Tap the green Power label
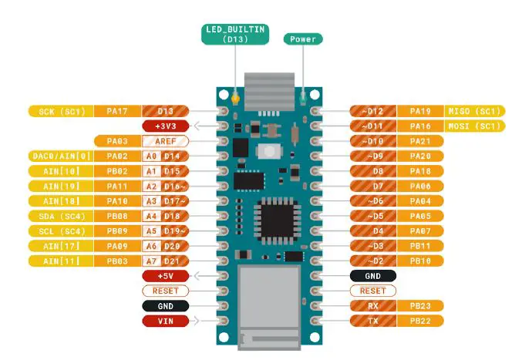[x=304, y=39]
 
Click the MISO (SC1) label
[x=474, y=111]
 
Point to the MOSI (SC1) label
[x=474, y=126]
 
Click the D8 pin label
[x=378, y=171]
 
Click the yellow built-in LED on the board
[x=234, y=99]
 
